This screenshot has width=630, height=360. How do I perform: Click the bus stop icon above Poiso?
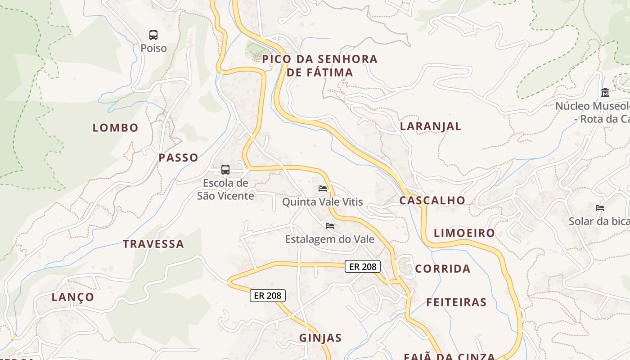click(153, 35)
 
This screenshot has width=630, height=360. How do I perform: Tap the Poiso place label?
click(153, 48)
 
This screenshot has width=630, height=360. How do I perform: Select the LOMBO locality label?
click(116, 128)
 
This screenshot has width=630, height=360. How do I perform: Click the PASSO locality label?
click(178, 157)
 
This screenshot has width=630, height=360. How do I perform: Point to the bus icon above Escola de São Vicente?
click(225, 170)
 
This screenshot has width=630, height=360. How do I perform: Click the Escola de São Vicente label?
click(225, 189)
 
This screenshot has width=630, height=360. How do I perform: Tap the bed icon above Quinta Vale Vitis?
click(322, 188)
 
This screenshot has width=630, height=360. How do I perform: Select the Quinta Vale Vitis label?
click(322, 202)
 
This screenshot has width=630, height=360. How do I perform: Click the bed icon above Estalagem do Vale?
click(330, 225)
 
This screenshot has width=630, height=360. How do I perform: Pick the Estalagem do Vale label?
click(330, 239)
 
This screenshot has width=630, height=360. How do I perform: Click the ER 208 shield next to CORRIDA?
click(363, 266)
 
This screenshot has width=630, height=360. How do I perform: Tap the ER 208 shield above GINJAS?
click(268, 296)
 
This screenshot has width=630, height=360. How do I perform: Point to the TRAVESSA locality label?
click(153, 244)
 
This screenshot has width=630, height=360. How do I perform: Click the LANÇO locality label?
click(73, 297)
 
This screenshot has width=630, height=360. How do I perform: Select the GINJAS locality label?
click(320, 338)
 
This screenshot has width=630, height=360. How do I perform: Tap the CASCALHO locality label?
click(432, 200)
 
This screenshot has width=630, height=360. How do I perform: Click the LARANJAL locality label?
click(431, 126)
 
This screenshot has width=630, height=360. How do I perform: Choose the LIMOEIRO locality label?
click(464, 233)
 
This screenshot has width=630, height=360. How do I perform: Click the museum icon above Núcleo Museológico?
click(605, 93)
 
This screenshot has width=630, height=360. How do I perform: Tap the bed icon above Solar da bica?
click(600, 207)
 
